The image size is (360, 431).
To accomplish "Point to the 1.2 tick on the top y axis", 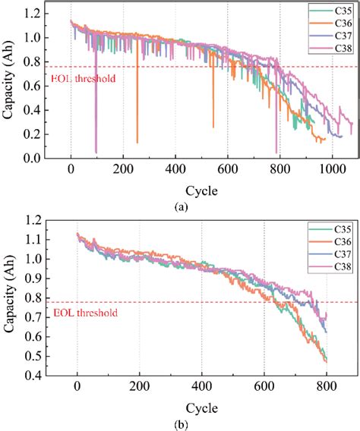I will [31, 12].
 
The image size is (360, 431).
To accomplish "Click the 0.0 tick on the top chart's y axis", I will [31, 158].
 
